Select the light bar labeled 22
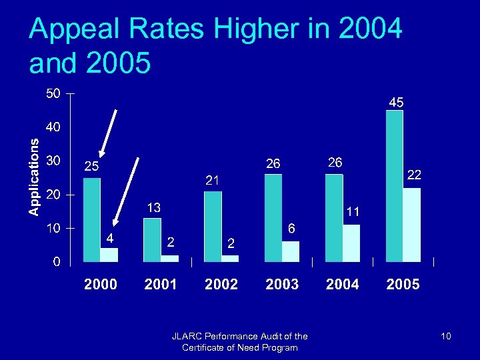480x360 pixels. tap(412, 225)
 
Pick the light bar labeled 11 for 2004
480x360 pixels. tap(351, 243)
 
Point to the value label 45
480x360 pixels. tap(396, 103)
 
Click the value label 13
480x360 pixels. tap(153, 208)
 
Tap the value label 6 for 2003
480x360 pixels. tap(291, 228)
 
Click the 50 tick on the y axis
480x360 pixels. tap(53, 93)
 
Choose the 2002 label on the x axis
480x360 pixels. tap(221, 285)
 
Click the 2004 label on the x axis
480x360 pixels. tap(342, 285)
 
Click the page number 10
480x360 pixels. tap(445, 337)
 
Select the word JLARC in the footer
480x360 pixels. tap(185, 337)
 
